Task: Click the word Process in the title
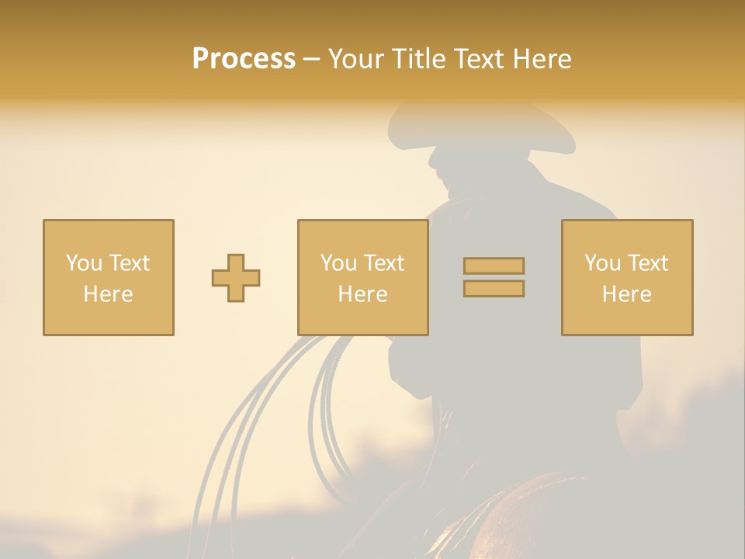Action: pyautogui.click(x=244, y=59)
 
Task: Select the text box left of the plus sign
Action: pyautogui.click(x=109, y=277)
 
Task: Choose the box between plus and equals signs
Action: pyautogui.click(x=363, y=277)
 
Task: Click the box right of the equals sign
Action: pyautogui.click(x=627, y=277)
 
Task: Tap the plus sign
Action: pyautogui.click(x=236, y=278)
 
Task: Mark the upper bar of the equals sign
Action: pyautogui.click(x=494, y=266)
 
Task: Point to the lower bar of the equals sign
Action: pyautogui.click(x=494, y=288)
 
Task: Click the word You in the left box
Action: pyautogui.click(x=84, y=263)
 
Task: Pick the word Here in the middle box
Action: pyautogui.click(x=363, y=294)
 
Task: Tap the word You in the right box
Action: pyautogui.click(x=603, y=263)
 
